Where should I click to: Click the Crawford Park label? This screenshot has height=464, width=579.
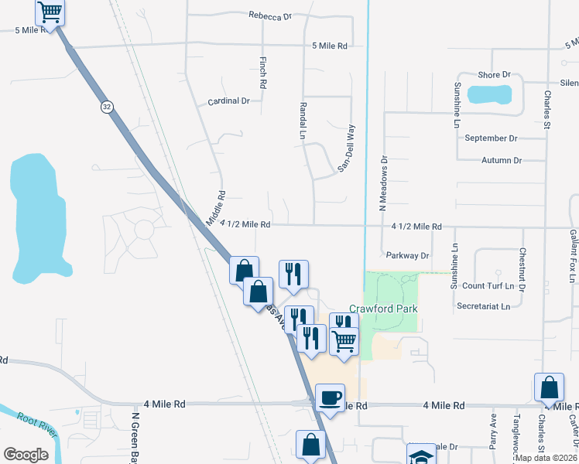tap(383, 309)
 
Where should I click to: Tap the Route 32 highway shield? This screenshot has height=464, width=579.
tap(106, 107)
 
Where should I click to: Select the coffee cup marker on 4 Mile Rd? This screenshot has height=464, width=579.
tap(331, 397)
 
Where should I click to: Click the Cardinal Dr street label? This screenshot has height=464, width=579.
tap(228, 101)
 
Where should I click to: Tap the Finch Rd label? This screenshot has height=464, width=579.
tap(264, 72)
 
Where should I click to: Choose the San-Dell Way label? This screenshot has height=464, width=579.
tap(345, 148)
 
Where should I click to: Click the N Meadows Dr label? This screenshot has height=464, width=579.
tap(382, 183)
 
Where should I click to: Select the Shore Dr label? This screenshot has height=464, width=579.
tap(495, 75)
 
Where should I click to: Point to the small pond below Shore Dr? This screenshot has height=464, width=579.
tap(489, 95)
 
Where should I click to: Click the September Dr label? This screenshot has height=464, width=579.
tap(491, 138)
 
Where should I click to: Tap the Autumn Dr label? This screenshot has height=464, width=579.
tap(502, 160)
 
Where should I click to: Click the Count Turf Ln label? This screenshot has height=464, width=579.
tap(488, 286)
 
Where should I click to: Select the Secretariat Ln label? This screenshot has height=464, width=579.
tap(483, 306)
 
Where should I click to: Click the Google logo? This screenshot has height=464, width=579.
tap(26, 455)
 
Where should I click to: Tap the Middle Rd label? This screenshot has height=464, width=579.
tap(216, 209)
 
